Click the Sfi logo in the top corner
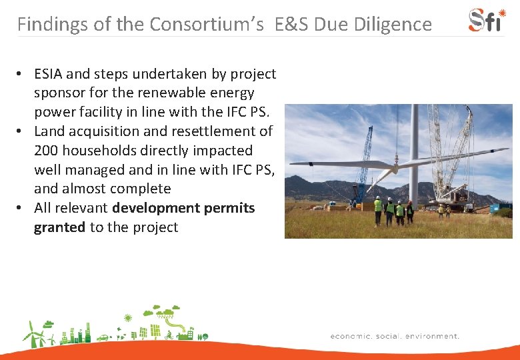tap(487, 20)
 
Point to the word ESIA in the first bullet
tap(51, 73)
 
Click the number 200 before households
tap(46, 151)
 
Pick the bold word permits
tap(229, 208)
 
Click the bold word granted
tap(59, 227)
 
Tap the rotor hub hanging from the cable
tap(395, 163)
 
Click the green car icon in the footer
tap(103, 338)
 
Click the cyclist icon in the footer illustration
tap(168, 335)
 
